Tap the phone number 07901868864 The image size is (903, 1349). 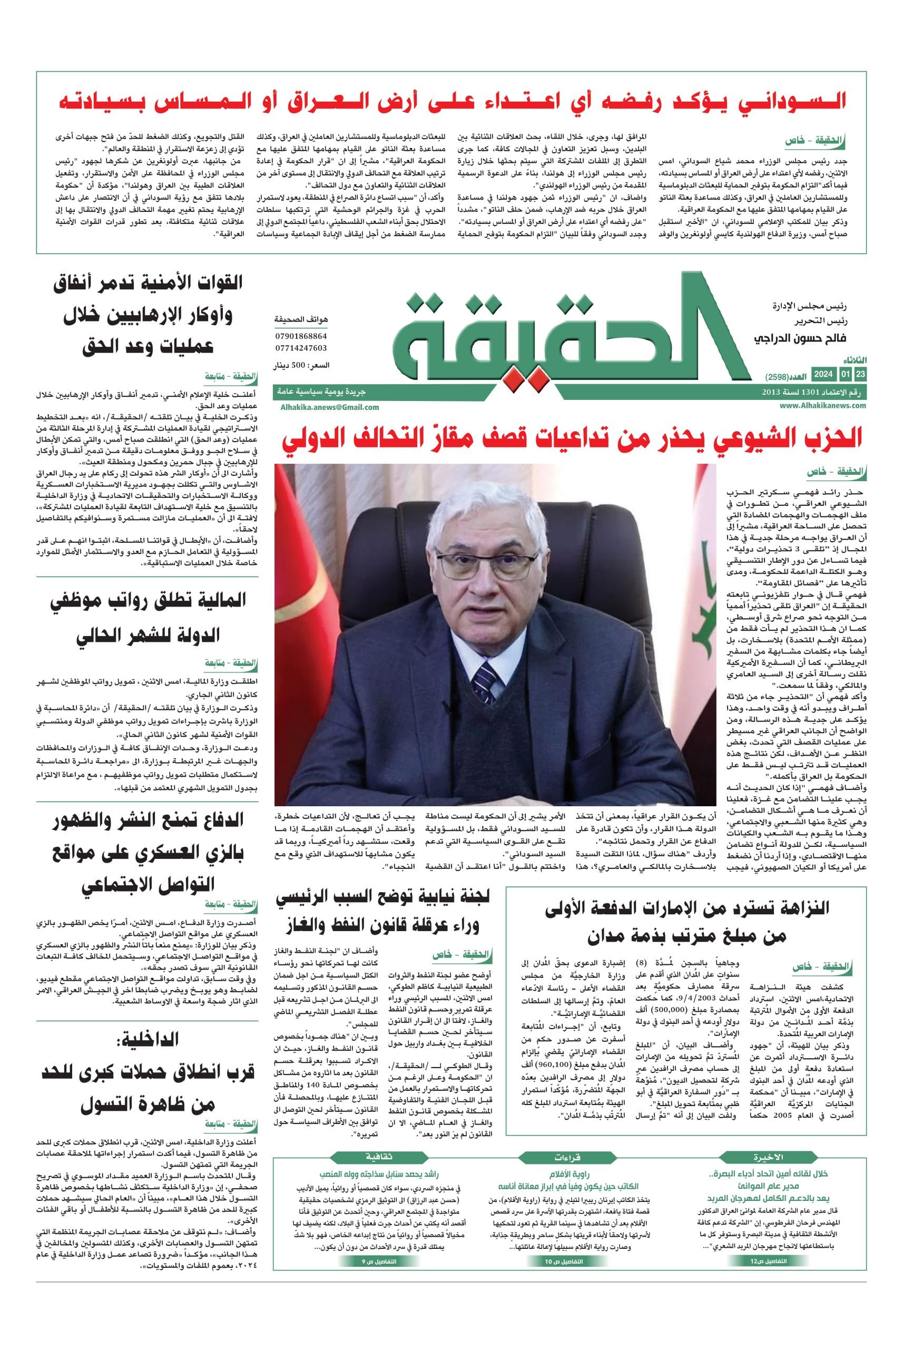301,336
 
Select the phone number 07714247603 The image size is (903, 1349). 301,348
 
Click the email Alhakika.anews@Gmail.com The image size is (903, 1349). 330,407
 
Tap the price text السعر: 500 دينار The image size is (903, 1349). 303,365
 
